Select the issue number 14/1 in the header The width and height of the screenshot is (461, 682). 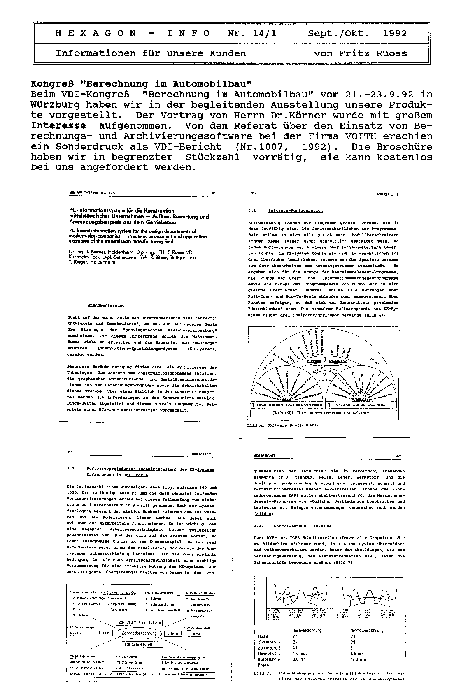point(264,33)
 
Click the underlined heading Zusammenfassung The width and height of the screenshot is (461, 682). point(106,305)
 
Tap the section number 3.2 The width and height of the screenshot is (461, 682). point(252,210)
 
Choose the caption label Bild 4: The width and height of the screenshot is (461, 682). point(255,425)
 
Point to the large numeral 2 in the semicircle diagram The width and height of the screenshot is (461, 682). point(324,375)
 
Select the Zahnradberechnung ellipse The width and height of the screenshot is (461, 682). point(139,633)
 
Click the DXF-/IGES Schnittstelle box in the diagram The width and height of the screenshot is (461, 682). point(140,622)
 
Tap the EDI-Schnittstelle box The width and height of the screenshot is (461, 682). point(140,644)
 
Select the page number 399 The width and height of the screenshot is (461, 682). point(398,456)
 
